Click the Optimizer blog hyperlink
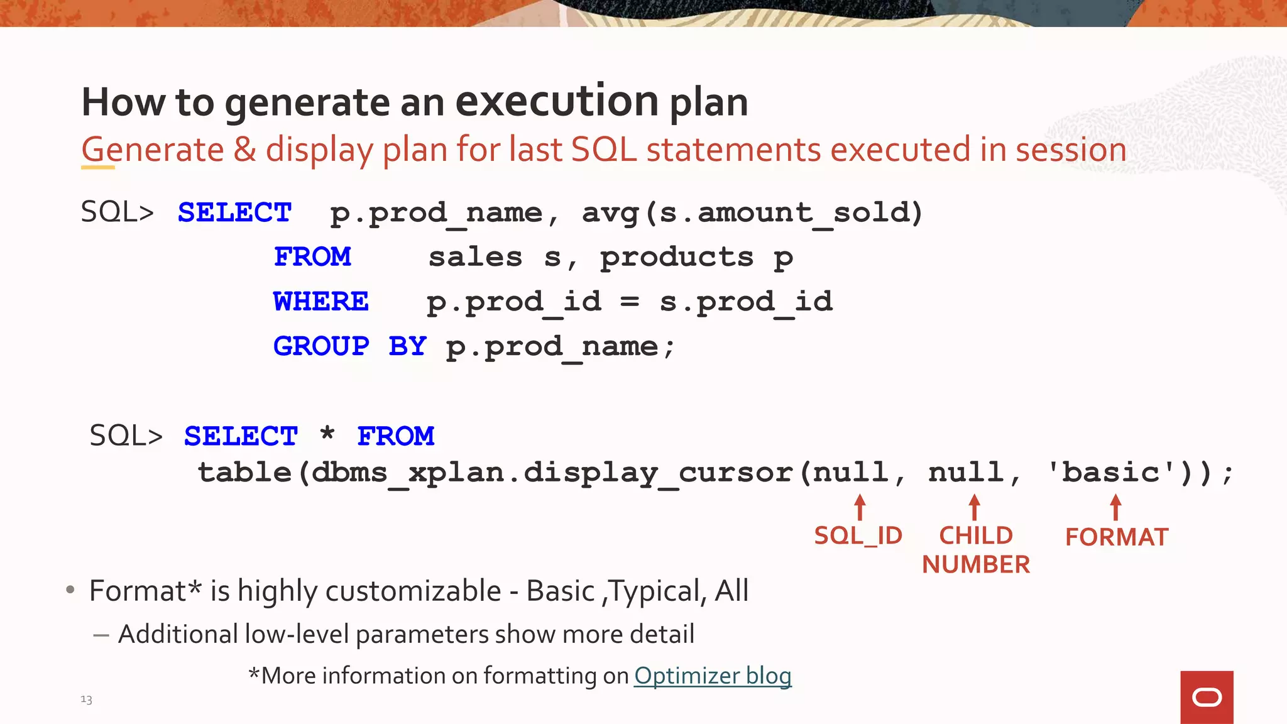[713, 676]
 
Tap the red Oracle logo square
[1207, 697]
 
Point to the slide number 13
[86, 699]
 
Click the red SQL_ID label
[858, 536]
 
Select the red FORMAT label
[1117, 537]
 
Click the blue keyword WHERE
[321, 302]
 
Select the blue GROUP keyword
[321, 346]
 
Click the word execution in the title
[557, 101]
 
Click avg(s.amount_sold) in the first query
[752, 213]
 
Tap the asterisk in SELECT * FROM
[327, 434]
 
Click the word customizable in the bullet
[413, 591]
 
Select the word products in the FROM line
[676, 258]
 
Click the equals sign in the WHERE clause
[630, 302]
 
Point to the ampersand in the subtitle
[245, 150]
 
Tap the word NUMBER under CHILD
[976, 564]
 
